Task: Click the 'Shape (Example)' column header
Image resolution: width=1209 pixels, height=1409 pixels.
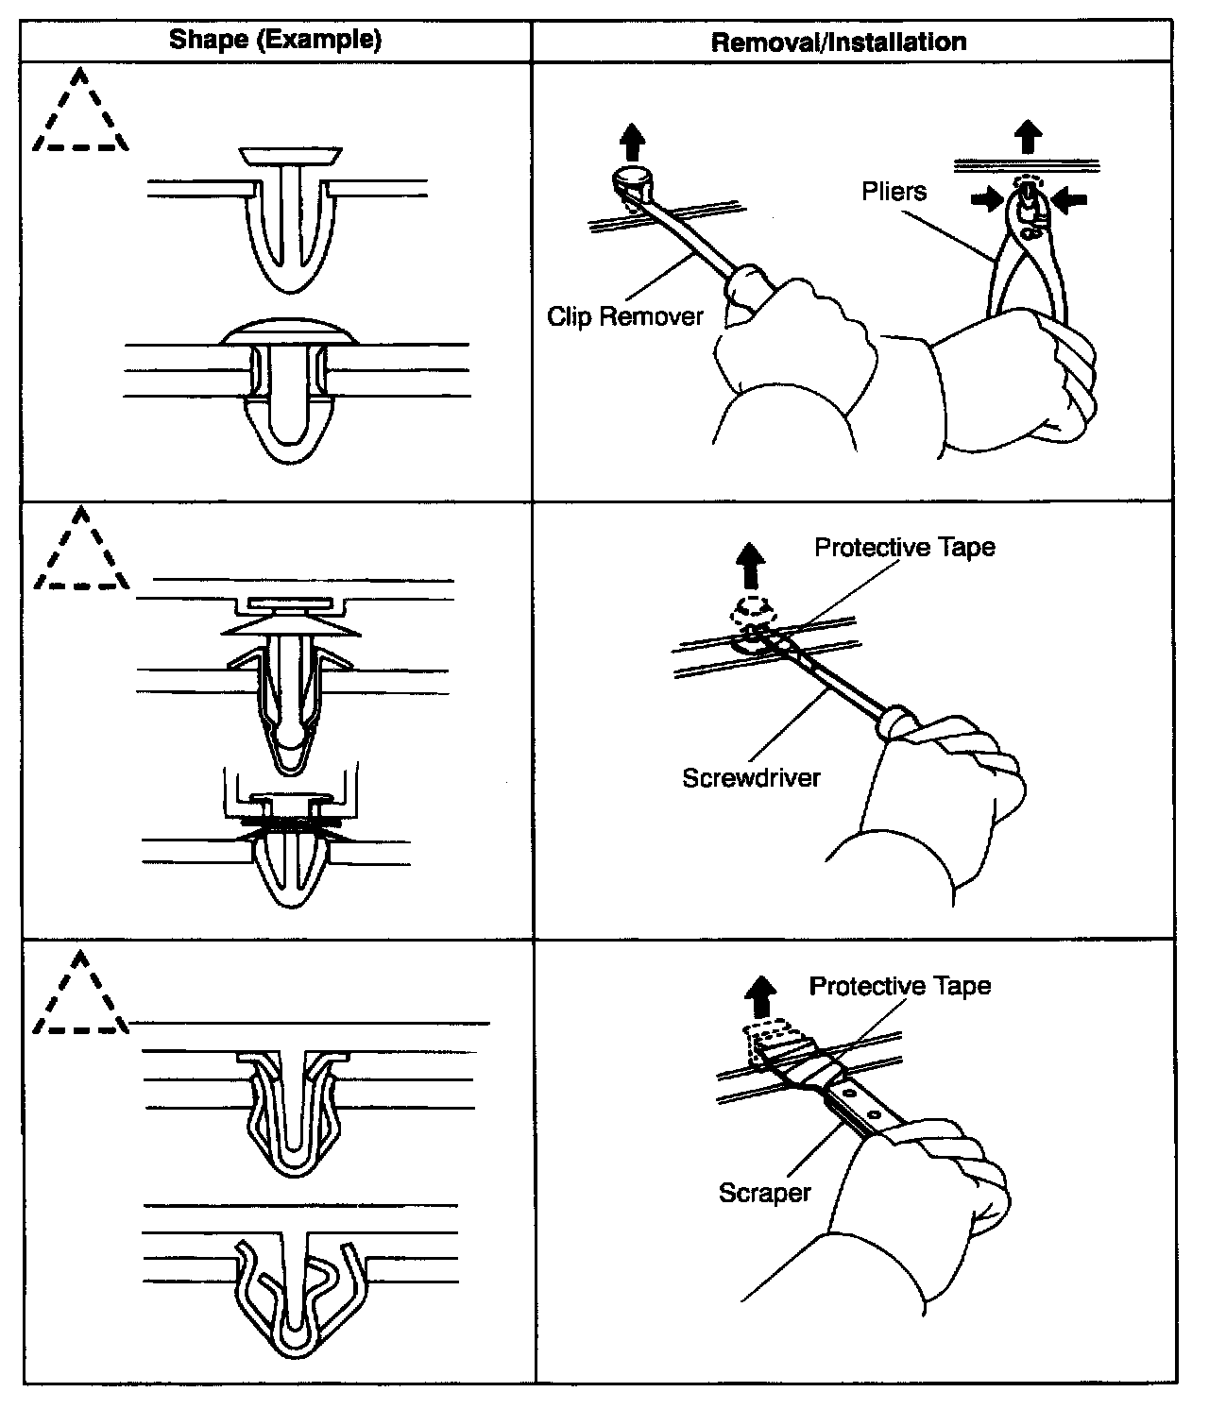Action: (275, 40)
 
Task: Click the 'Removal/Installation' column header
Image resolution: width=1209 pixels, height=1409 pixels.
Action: (838, 42)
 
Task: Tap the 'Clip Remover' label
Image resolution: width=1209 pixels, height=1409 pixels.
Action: (625, 315)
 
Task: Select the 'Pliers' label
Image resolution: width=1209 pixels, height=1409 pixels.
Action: (894, 192)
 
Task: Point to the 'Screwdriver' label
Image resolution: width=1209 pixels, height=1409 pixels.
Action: (751, 777)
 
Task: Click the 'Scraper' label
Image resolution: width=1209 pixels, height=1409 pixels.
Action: (764, 1192)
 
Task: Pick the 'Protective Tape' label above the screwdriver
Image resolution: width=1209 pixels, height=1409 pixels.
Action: (904, 548)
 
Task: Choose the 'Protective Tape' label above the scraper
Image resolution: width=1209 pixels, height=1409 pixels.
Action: (899, 986)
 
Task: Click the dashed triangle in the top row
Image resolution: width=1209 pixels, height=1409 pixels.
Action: (80, 115)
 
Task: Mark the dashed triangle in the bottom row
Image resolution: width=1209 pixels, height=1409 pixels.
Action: (80, 997)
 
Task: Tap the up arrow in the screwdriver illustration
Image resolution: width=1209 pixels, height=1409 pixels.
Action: (751, 565)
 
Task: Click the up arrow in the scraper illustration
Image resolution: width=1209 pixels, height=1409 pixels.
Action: (760, 998)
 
